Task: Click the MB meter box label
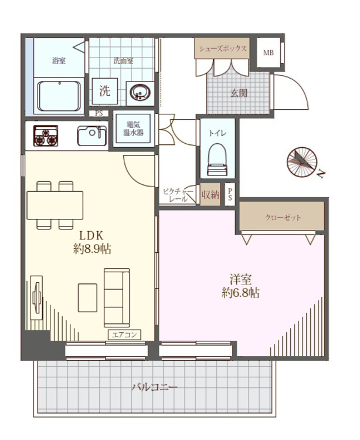click(269, 52)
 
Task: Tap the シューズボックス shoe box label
click(223, 48)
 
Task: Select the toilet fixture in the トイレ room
click(218, 160)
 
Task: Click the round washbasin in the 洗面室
click(140, 92)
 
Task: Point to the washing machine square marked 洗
click(104, 91)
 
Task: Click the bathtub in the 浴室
click(59, 96)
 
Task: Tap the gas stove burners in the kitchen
click(46, 136)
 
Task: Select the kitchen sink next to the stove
click(92, 136)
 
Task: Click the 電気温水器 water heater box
click(134, 129)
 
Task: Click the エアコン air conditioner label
click(124, 335)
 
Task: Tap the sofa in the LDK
click(117, 297)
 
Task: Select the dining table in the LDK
click(55, 205)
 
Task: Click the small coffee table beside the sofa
click(87, 297)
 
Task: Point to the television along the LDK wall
click(36, 297)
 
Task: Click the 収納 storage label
click(210, 194)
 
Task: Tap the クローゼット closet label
click(283, 218)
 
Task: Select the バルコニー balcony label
click(154, 387)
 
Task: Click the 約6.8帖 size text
click(240, 293)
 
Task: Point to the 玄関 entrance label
click(239, 93)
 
